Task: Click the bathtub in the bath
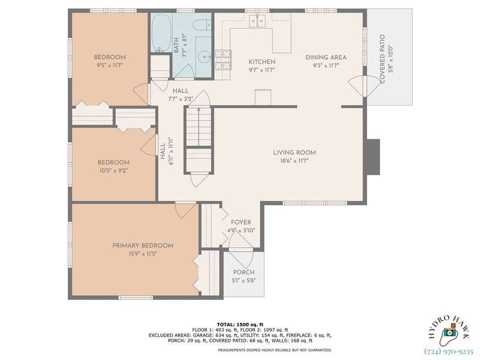[x=161, y=33]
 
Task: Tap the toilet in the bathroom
[x=202, y=25]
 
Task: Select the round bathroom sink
[x=203, y=57]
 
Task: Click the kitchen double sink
[x=257, y=21]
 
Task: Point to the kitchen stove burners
[x=223, y=59]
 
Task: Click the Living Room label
[x=295, y=152]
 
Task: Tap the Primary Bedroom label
[x=143, y=245]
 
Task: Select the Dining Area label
[x=326, y=57]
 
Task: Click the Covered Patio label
[x=382, y=59]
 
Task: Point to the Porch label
[x=244, y=272]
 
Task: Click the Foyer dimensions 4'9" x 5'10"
[x=241, y=230]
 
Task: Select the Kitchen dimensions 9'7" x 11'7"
[x=262, y=70]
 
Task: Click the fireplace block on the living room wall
[x=373, y=157]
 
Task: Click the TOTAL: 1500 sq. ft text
[x=240, y=325]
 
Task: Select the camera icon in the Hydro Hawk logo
[x=448, y=333]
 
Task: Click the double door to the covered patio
[x=364, y=86]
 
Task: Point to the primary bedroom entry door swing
[x=185, y=211]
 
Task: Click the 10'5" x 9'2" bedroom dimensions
[x=113, y=170]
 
